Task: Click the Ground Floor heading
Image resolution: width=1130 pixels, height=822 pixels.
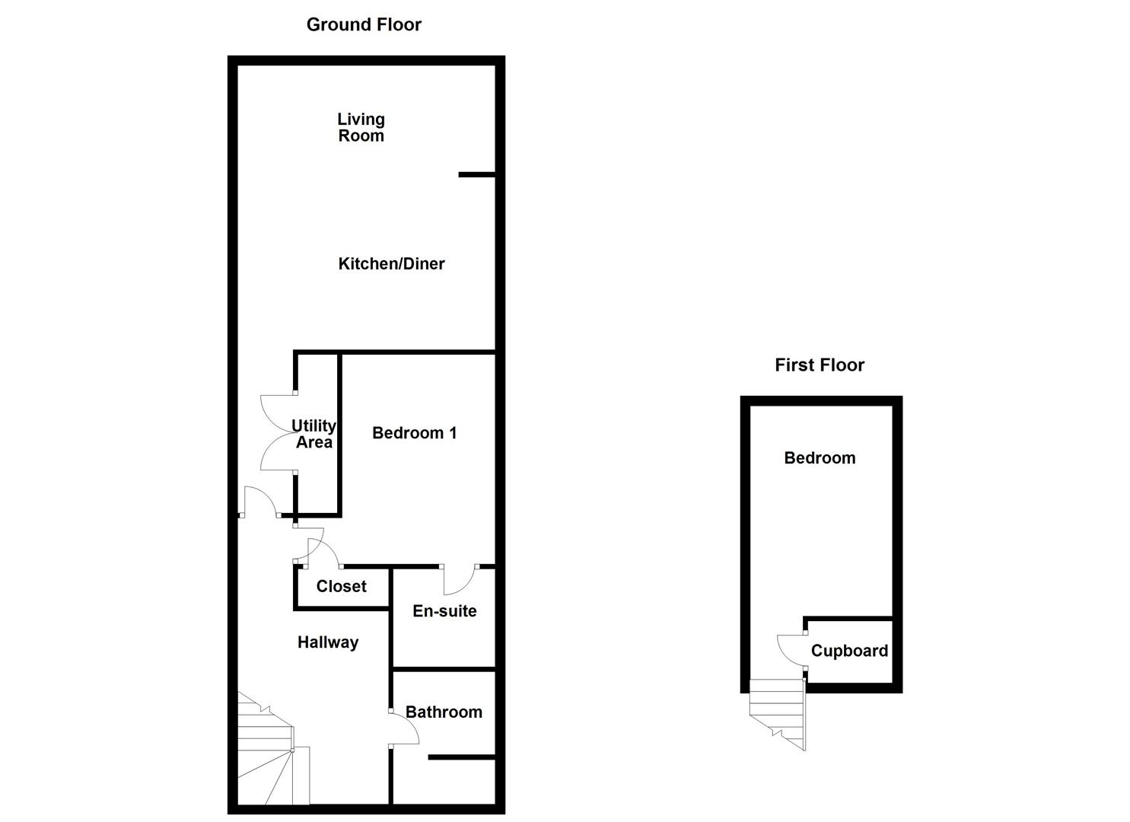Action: coord(364,24)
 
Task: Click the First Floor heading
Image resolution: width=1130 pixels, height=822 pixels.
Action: coord(820,365)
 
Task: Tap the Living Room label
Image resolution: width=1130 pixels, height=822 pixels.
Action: coord(361,128)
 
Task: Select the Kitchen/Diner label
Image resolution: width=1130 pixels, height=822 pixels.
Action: coord(391,264)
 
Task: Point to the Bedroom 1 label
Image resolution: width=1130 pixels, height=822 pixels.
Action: coord(414,433)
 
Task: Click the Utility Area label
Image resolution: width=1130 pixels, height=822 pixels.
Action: coord(314,434)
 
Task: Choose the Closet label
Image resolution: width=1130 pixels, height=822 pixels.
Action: coord(341,587)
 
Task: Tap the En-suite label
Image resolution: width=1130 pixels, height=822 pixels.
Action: coord(444,611)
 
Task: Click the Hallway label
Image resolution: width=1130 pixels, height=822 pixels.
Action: coord(328,642)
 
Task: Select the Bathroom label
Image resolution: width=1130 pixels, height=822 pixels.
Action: coord(444,712)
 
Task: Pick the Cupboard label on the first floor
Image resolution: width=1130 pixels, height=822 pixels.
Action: coord(849,651)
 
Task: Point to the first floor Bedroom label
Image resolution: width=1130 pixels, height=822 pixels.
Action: coord(820,458)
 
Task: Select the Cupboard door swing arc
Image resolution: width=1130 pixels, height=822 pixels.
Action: coord(788,651)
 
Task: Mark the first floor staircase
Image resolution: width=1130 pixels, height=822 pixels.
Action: coord(778,712)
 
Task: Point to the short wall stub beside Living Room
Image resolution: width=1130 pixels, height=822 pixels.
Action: coord(477,175)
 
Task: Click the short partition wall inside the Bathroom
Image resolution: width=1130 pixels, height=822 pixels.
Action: coord(462,758)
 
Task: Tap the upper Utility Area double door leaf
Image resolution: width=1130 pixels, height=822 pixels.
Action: coord(276,412)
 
